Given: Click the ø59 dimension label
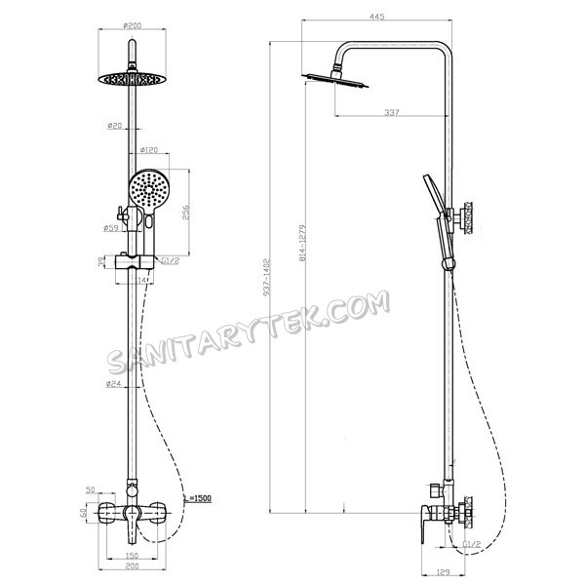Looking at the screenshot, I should pos(111,229).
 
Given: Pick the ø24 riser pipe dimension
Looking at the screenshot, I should pos(114,384).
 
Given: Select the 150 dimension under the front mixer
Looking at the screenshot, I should pos(130,556).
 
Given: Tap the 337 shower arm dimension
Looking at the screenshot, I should pos(391,113).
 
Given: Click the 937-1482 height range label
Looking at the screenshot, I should pos(278,276).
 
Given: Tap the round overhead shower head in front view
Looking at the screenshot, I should pos(129,78).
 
